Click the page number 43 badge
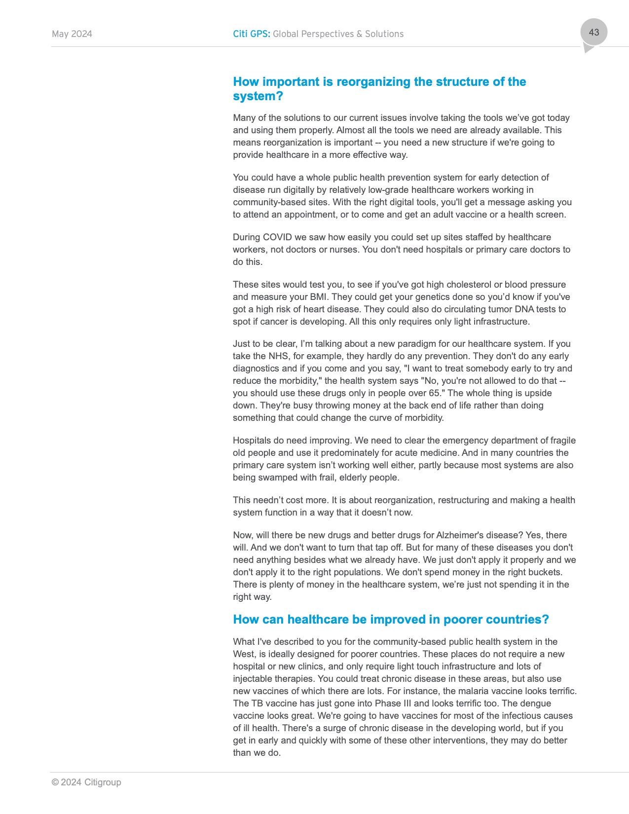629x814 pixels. pos(593,33)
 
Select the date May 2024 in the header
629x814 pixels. pos(72,34)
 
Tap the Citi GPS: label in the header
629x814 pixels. pos(251,34)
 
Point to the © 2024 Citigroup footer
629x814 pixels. pos(86,782)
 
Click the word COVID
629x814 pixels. pos(277,237)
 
